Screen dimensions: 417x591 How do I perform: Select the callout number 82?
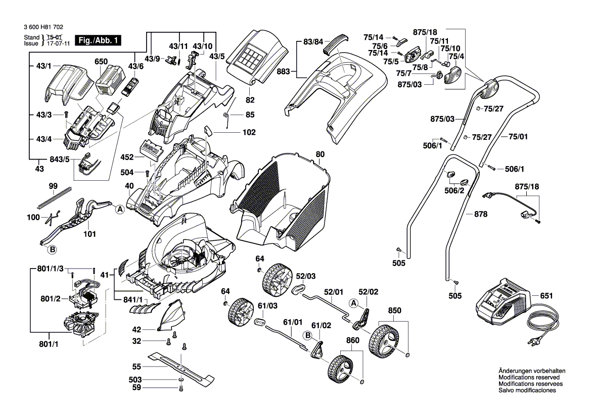(250, 100)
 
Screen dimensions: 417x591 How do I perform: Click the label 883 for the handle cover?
(284, 72)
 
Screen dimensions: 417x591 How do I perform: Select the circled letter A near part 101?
(120, 210)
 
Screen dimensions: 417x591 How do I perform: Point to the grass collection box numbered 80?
(283, 202)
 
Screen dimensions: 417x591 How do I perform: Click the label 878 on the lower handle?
(481, 214)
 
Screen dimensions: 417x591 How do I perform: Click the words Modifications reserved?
(529, 377)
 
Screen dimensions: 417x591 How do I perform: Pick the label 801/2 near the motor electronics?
(51, 299)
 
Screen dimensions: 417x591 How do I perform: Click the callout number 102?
(249, 132)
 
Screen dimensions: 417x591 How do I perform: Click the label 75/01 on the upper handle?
(518, 136)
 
